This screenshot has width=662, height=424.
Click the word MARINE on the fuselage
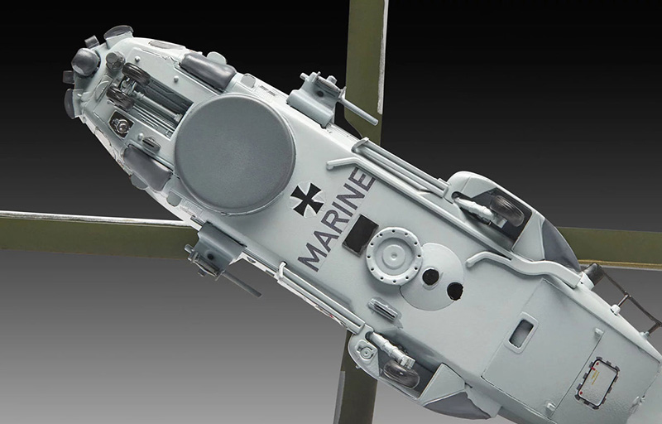[x=336, y=219]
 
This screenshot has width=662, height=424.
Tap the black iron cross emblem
[x=307, y=200]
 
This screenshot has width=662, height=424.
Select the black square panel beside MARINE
[x=360, y=234]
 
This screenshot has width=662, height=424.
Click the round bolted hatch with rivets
[x=394, y=256]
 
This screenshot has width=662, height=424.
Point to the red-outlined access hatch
[x=597, y=383]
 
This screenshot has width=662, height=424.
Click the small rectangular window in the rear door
[x=522, y=333]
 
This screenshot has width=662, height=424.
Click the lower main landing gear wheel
[x=401, y=373]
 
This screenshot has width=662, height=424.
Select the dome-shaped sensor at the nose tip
[x=85, y=61]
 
